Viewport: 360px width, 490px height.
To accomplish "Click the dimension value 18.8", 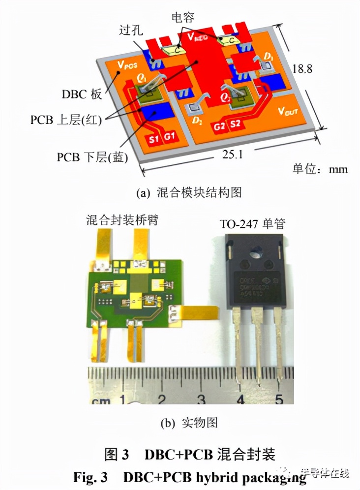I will pyautogui.click(x=302, y=69).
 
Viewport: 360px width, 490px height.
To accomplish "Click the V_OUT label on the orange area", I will pyautogui.click(x=288, y=112).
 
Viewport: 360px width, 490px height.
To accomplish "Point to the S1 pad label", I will pyautogui.click(x=153, y=139).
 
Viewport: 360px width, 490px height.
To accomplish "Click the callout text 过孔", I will pyautogui.click(x=131, y=31).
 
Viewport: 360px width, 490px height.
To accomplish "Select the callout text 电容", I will pyautogui.click(x=183, y=18).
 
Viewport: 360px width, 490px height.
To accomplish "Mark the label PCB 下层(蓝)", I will pyautogui.click(x=92, y=157).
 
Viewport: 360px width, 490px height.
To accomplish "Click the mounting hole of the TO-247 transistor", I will pyautogui.click(x=254, y=256).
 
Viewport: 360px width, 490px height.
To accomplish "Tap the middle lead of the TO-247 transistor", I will pyautogui.click(x=257, y=344).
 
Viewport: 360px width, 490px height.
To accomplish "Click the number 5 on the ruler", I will pyautogui.click(x=278, y=398).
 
